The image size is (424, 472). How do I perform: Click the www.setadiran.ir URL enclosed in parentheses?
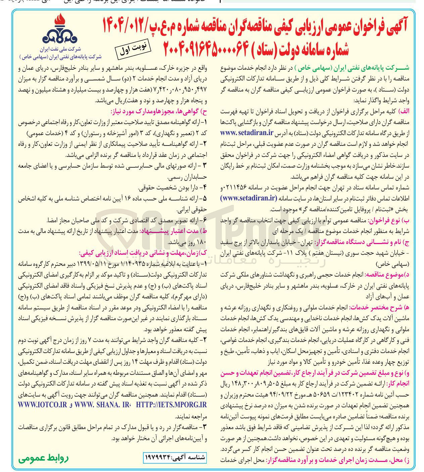249,198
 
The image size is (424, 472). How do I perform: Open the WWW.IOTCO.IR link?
43,405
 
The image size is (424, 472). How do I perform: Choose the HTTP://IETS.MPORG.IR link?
171,405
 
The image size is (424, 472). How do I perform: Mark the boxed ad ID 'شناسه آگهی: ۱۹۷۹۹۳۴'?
175,457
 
